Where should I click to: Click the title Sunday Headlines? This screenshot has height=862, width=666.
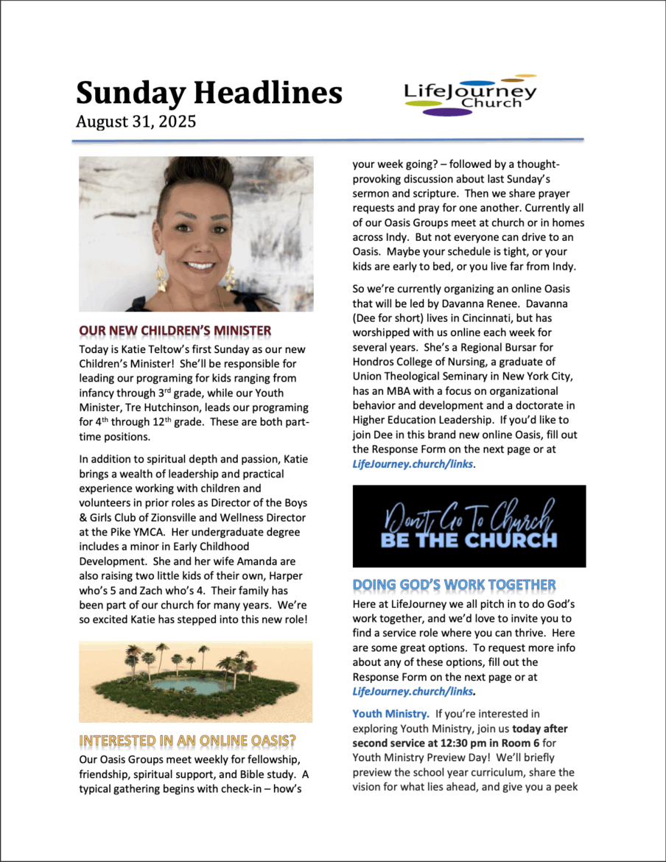208,93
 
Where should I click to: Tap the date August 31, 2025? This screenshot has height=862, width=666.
136,122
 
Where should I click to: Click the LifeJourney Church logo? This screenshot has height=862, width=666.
470,96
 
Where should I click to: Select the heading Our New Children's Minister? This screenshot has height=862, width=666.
175,329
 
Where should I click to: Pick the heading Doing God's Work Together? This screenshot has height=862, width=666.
454,585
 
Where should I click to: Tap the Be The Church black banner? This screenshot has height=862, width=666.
469,526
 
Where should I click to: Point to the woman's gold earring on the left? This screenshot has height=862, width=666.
161,279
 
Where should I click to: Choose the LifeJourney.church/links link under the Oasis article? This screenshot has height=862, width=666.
412,463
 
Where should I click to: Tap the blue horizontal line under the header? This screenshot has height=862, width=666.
329,139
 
